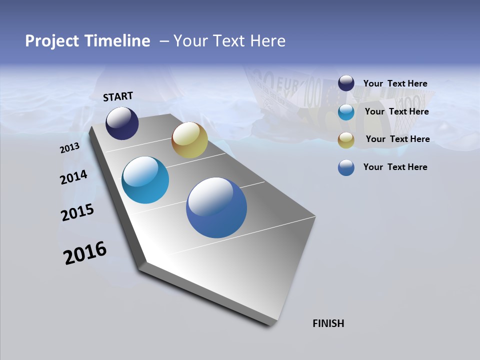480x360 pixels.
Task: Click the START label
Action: click(x=118, y=96)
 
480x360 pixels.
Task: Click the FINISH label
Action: click(x=328, y=323)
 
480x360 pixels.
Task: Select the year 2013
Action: click(x=69, y=148)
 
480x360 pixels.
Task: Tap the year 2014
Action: click(x=73, y=177)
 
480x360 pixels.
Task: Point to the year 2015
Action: click(x=77, y=212)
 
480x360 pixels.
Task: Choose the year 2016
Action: click(x=85, y=253)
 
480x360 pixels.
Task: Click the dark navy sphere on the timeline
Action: click(x=122, y=123)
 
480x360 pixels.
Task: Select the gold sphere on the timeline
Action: click(x=189, y=140)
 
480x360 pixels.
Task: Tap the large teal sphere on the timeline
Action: click(x=145, y=180)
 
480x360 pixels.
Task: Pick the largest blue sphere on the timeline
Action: click(x=216, y=207)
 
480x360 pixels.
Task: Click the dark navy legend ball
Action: click(x=346, y=83)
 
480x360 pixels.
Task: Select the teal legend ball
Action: click(x=346, y=112)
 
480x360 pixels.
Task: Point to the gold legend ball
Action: click(x=346, y=140)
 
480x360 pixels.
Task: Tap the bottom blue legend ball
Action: click(x=346, y=167)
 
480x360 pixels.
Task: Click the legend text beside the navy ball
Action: click(x=395, y=84)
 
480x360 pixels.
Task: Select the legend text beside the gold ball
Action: click(x=397, y=139)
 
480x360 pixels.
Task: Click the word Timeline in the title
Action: click(x=118, y=41)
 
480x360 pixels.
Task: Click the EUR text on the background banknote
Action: click(x=286, y=82)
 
